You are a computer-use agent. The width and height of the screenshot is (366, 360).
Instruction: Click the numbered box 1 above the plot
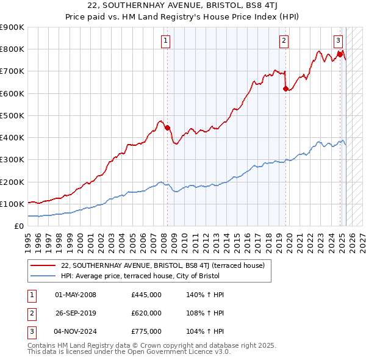166,41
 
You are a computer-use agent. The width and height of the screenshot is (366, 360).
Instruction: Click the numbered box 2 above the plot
284,41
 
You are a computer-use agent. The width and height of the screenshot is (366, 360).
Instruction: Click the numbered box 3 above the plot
338,41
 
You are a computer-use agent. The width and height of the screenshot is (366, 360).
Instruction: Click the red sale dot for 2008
167,128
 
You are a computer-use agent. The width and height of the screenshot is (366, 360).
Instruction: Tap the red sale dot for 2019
285,88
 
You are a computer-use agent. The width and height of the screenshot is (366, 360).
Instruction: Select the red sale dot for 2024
340,54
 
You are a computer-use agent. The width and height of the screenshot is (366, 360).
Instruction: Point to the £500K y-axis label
12,115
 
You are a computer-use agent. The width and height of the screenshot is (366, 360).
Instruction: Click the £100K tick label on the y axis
12,204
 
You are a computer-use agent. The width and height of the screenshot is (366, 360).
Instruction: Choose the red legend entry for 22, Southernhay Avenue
162,265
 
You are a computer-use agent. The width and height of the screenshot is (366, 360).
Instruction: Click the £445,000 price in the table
146,295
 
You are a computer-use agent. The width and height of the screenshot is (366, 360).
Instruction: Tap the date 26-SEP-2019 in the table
76,313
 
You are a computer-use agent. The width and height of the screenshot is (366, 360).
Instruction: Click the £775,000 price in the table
146,331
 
